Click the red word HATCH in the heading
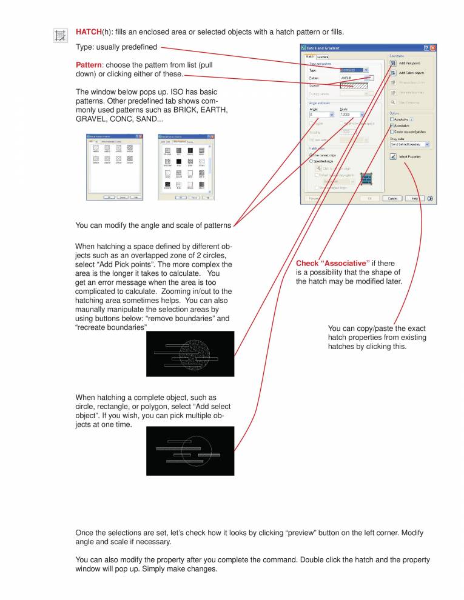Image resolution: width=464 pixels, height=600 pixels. pyautogui.click(x=88, y=32)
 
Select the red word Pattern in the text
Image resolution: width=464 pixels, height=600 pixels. pyautogui.click(x=89, y=65)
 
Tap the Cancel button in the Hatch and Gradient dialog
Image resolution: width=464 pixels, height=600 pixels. pyautogui.click(x=392, y=198)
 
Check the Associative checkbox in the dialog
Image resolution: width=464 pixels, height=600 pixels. pyautogui.click(x=392, y=125)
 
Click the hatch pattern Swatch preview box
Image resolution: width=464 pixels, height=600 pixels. pyautogui.click(x=354, y=86)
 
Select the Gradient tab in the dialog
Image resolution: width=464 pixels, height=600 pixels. pyautogui.click(x=323, y=57)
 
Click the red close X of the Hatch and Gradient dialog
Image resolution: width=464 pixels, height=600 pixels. pyautogui.click(x=432, y=47)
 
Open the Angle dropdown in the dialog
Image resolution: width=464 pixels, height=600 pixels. pyautogui.click(x=331, y=115)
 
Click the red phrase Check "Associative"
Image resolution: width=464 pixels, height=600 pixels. pyautogui.click(x=332, y=264)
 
